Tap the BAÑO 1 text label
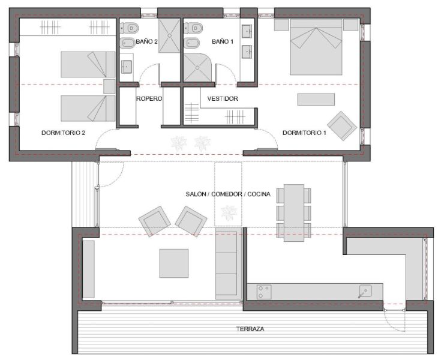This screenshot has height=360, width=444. click(223, 41)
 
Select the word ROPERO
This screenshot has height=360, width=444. click(149, 98)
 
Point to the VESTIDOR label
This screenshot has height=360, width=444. click(223, 98)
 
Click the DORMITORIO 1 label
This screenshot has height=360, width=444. click(304, 133)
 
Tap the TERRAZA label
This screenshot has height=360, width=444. click(250, 329)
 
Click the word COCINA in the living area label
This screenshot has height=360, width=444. click(258, 194)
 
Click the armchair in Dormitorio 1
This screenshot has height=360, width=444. click(342, 125)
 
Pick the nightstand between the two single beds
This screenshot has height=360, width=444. click(109, 86)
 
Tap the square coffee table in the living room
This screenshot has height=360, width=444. click(174, 263)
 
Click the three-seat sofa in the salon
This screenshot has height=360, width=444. click(227, 263)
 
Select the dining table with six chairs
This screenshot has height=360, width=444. click(294, 212)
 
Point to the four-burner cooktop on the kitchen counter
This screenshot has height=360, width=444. click(264, 292)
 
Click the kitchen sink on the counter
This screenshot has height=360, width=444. click(365, 292)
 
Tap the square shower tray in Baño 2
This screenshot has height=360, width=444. click(170, 36)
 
